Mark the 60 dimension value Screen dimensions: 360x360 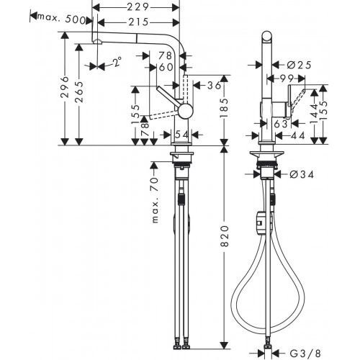coord(165,67)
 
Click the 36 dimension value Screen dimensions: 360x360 coord(212,86)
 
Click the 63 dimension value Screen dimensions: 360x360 coord(281,124)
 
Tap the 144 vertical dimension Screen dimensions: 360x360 coord(314,112)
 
